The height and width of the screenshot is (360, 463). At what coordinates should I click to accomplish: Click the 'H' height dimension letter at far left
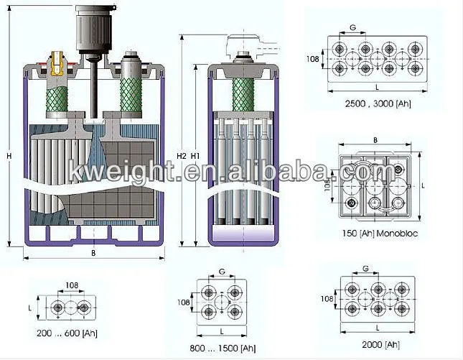pos(9,156)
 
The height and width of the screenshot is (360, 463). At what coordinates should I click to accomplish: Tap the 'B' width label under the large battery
pos(93,254)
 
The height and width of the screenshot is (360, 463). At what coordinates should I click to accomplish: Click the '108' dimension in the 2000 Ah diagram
pos(327,298)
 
